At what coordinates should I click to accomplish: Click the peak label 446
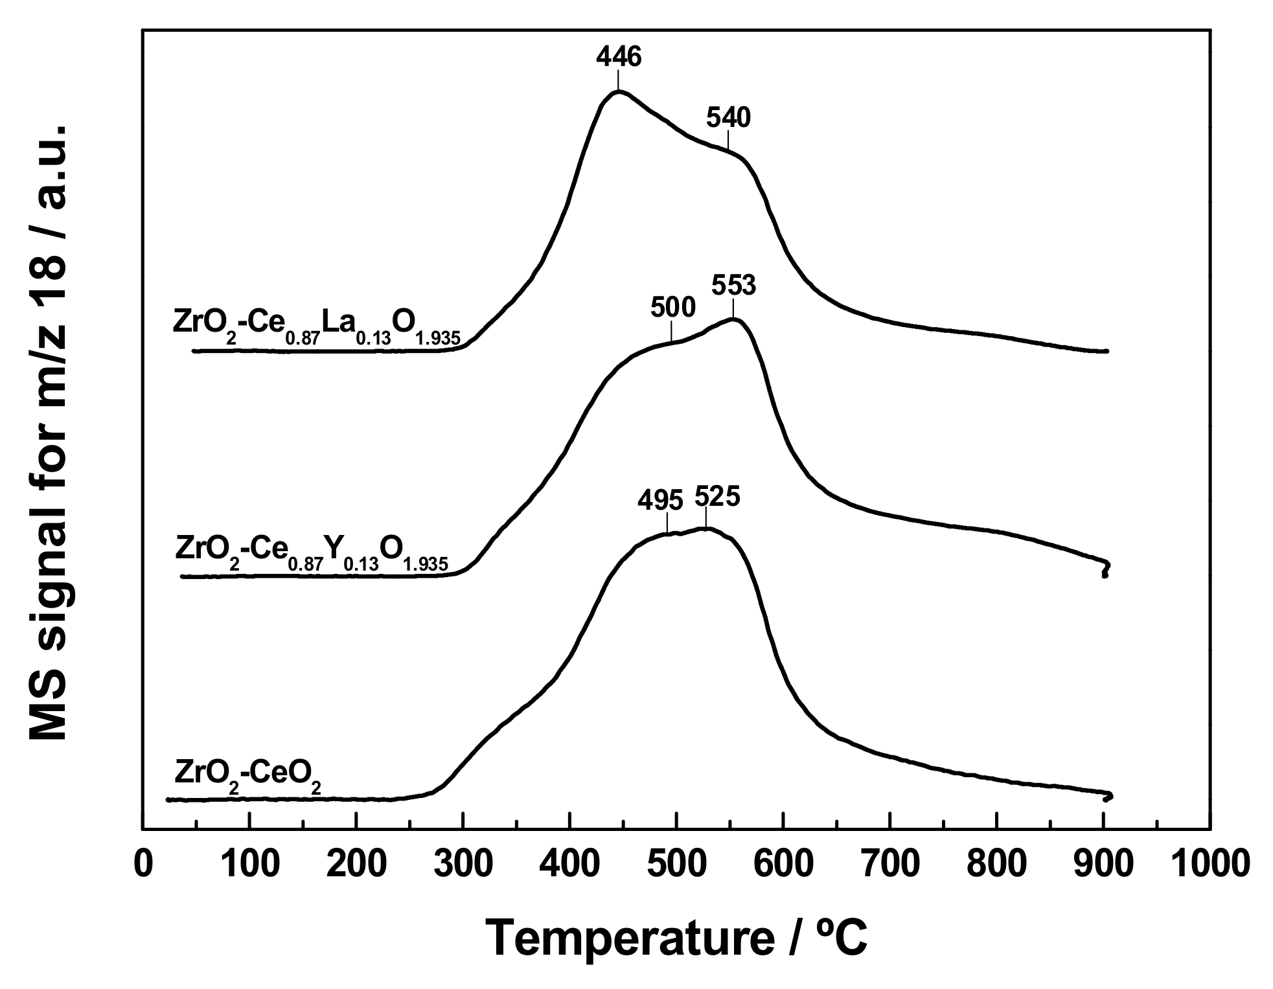(618, 57)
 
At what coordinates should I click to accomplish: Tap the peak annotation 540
(728, 118)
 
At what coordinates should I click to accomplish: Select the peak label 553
(733, 285)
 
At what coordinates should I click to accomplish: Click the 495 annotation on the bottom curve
(660, 500)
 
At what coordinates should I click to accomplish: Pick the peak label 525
(717, 497)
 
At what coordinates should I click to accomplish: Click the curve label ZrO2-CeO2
(247, 774)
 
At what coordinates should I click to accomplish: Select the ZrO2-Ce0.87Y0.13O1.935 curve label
(311, 551)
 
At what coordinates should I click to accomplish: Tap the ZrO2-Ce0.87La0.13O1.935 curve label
(316, 325)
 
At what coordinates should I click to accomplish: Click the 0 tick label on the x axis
(142, 865)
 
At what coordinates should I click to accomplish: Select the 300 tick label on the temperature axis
(463, 865)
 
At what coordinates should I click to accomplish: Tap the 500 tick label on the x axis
(676, 865)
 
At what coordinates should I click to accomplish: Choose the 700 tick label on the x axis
(890, 865)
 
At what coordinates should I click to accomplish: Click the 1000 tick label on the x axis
(1210, 865)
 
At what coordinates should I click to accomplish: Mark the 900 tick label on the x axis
(1103, 865)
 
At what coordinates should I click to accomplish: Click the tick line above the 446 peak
(618, 80)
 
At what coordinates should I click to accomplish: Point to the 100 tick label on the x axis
(249, 865)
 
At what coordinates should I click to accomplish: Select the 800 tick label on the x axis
(996, 865)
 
